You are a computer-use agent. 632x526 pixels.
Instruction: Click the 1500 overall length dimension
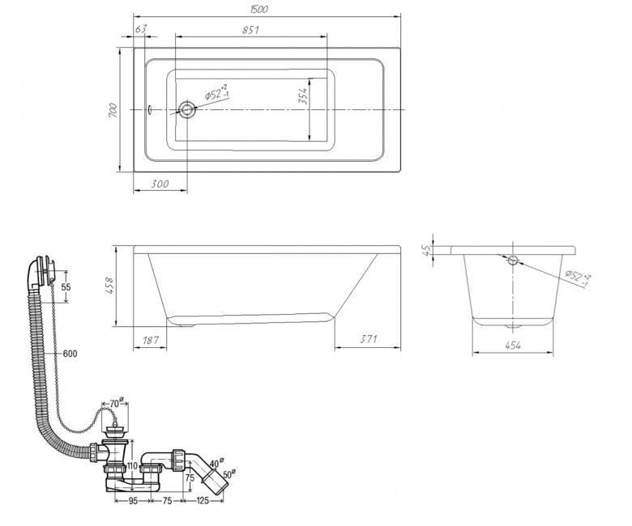pyautogui.click(x=258, y=9)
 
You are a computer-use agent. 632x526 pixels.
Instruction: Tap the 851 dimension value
pyautogui.click(x=250, y=30)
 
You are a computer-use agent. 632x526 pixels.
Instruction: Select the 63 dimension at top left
pyautogui.click(x=141, y=29)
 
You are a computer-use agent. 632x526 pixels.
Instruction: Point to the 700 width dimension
pyautogui.click(x=113, y=110)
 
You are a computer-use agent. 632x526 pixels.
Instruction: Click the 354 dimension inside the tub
pyautogui.click(x=303, y=96)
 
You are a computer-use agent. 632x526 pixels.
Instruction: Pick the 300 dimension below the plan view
pyautogui.click(x=160, y=184)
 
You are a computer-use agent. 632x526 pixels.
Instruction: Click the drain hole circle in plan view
pyautogui.click(x=186, y=109)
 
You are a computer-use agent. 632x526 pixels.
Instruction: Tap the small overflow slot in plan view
pyautogui.click(x=150, y=109)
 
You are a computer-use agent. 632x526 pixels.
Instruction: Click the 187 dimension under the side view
pyautogui.click(x=151, y=340)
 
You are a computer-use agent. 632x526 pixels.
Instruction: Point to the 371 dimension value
pyautogui.click(x=368, y=339)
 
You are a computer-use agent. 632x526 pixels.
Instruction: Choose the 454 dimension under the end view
pyautogui.click(x=512, y=345)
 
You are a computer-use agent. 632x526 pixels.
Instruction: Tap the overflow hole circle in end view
pyautogui.click(x=513, y=260)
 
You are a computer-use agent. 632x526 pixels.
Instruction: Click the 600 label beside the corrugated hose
pyautogui.click(x=70, y=354)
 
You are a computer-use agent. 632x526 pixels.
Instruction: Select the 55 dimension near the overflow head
pyautogui.click(x=66, y=287)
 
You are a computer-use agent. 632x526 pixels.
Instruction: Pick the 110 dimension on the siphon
pyautogui.click(x=132, y=466)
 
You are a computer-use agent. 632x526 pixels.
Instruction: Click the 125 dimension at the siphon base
pyautogui.click(x=203, y=501)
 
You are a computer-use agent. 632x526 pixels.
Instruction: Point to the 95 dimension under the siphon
pyautogui.click(x=133, y=501)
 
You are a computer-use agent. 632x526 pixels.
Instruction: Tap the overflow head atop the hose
pyautogui.click(x=45, y=269)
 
